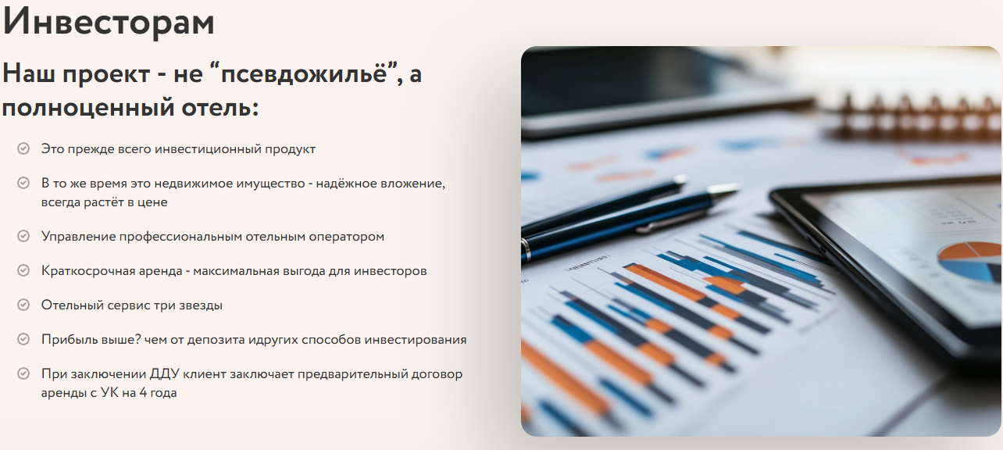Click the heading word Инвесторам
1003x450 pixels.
tap(109, 22)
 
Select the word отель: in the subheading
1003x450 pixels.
tap(220, 108)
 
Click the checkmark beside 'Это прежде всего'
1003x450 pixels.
tap(23, 148)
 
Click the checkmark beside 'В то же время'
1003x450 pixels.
tap(23, 183)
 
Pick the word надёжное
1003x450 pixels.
tap(344, 183)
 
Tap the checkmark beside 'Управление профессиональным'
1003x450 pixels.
tap(23, 236)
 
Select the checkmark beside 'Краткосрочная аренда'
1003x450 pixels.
tap(23, 270)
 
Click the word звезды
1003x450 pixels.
tap(201, 305)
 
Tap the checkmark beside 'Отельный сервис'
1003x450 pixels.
tap(23, 305)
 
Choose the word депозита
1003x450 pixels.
tap(216, 340)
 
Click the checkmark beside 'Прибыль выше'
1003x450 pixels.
tap(23, 339)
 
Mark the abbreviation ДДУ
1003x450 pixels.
tap(164, 374)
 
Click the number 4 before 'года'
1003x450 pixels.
tap(143, 393)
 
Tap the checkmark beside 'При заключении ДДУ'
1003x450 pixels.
tap(23, 373)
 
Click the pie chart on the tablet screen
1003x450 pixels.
tap(970, 261)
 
